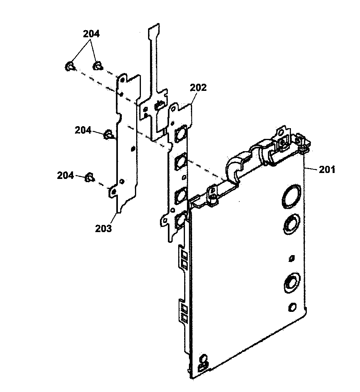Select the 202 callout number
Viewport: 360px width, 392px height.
coord(198,88)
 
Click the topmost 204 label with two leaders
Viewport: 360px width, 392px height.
coord(91,34)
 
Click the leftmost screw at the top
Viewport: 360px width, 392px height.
coord(69,67)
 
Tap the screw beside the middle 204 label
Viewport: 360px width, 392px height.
coord(107,135)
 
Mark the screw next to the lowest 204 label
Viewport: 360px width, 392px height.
coord(90,177)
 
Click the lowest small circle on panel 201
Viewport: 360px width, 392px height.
coord(293,307)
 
